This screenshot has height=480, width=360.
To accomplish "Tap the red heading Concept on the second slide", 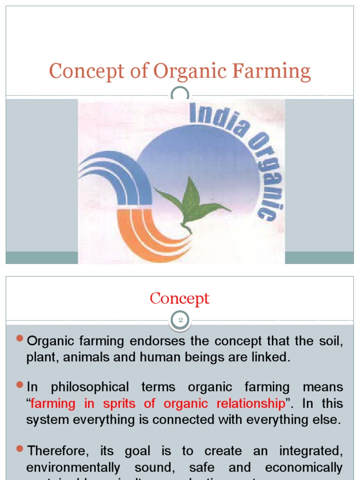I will click(x=180, y=299).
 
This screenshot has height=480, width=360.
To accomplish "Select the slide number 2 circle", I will click(x=180, y=321).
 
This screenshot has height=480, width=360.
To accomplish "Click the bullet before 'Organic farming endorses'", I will click(x=19, y=338).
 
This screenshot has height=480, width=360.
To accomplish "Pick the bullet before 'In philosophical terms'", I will click(x=19, y=385).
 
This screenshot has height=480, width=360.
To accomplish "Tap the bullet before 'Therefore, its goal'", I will click(x=19, y=449).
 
